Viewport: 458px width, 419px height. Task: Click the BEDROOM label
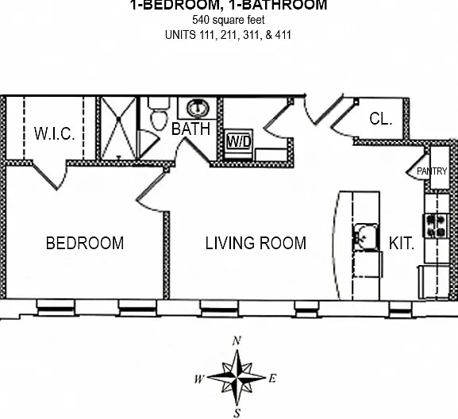85,243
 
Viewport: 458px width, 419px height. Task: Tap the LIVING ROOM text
256,243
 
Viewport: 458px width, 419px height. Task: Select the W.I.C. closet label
55,133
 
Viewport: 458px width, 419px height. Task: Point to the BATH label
191,129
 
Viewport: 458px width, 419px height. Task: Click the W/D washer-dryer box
239,141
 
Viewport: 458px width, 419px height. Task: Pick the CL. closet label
380,119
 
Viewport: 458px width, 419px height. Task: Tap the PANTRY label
432,171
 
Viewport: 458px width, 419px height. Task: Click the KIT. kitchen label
402,243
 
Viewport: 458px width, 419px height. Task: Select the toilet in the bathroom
159,113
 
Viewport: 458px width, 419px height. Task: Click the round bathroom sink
198,108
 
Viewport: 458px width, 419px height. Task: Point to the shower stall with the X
118,129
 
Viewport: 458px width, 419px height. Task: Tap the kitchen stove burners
436,225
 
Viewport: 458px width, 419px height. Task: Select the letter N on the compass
237,340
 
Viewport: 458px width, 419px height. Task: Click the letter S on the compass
237,413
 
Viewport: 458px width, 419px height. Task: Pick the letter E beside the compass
272,379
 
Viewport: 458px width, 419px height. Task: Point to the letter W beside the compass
199,379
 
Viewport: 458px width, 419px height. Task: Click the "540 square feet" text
229,20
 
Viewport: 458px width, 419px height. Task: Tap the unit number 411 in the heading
283,35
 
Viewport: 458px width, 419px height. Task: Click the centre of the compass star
237,378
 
